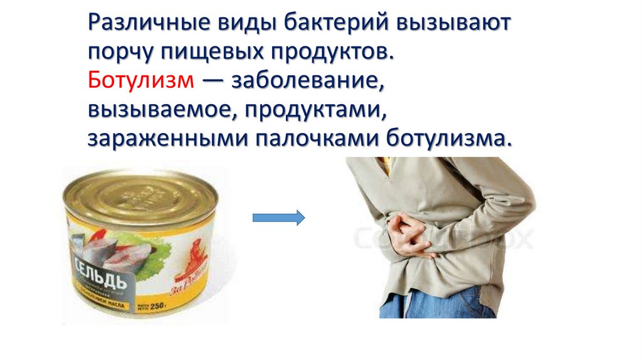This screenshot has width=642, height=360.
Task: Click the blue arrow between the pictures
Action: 278,218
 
